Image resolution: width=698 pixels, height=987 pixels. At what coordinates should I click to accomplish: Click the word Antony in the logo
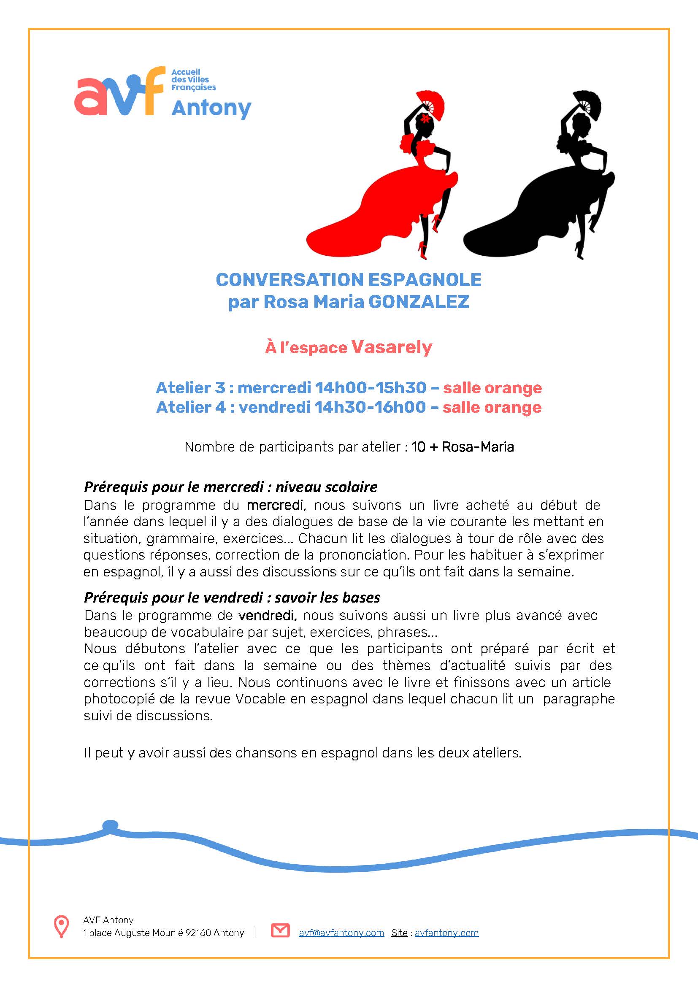211,108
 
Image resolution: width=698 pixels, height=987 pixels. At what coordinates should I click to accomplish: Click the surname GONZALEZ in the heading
419,302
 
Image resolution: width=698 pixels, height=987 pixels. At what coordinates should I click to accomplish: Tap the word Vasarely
392,347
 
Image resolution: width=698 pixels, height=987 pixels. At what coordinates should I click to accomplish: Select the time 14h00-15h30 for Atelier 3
371,388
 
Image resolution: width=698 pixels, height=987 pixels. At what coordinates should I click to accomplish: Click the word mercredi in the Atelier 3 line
274,388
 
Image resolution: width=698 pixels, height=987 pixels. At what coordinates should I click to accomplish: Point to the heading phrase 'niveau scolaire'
326,487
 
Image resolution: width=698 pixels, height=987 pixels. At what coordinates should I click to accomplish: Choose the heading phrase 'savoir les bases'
327,597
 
